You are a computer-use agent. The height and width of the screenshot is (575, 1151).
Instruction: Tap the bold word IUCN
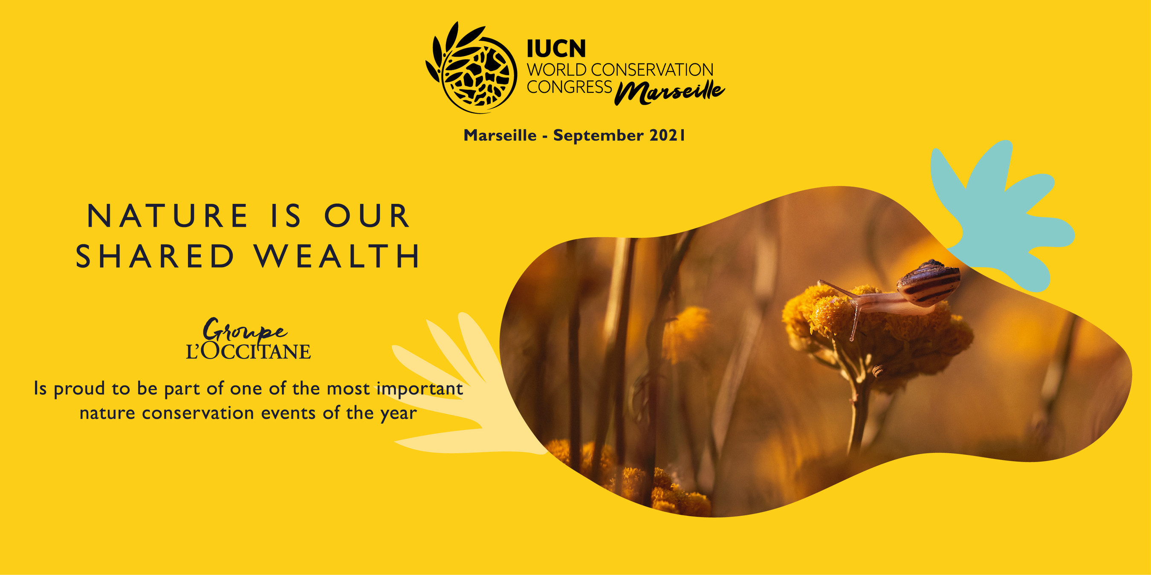tap(556, 49)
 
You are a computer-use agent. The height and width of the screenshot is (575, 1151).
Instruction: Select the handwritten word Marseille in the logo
tap(669, 92)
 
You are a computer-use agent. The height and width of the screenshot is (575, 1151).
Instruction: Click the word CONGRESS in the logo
tap(569, 87)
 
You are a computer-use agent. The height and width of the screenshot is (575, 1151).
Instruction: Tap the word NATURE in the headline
tap(168, 216)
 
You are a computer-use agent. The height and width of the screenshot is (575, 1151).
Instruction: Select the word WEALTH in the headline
tap(337, 256)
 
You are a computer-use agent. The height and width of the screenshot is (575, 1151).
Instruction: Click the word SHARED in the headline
tap(155, 256)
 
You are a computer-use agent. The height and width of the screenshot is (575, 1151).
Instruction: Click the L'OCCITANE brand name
tap(249, 351)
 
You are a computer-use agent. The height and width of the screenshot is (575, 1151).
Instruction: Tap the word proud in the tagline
tap(80, 389)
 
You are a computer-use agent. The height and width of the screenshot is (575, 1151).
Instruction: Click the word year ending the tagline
tap(399, 414)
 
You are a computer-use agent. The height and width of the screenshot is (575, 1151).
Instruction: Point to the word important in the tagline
tap(419, 389)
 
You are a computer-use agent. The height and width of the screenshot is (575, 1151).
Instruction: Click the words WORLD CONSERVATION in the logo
tap(620, 70)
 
